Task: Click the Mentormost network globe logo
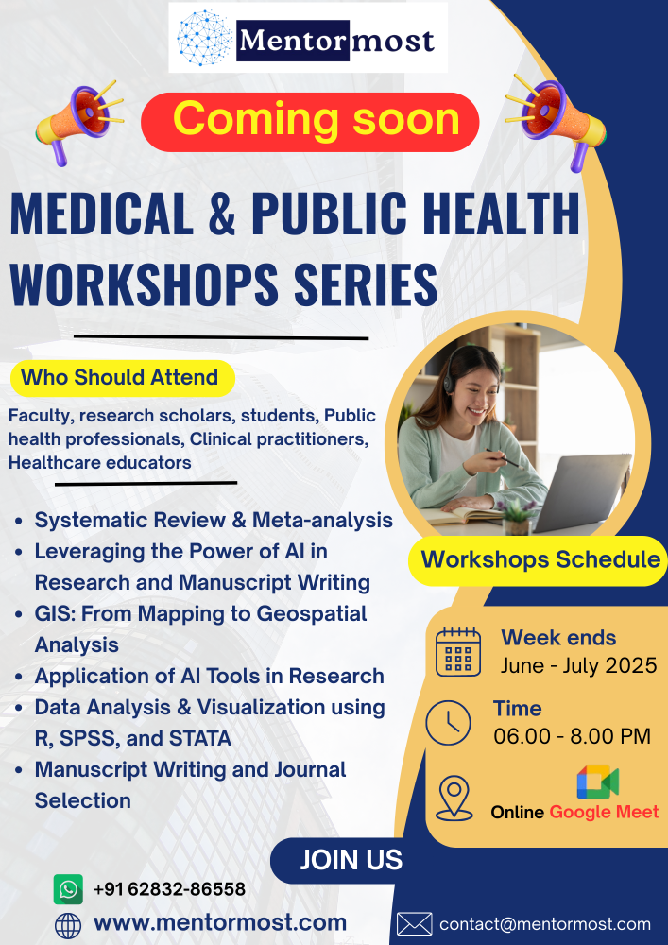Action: [204, 38]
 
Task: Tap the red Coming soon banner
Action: [310, 122]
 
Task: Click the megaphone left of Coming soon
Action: [79, 122]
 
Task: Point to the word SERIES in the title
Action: [367, 284]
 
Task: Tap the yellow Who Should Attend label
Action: [122, 379]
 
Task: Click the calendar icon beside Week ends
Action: [458, 651]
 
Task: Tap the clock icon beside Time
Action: [448, 723]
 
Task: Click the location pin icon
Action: [454, 798]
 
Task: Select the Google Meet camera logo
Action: [597, 782]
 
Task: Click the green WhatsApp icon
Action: [68, 889]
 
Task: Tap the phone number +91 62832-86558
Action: [169, 889]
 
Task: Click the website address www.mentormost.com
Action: [220, 922]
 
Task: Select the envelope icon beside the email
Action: [415, 924]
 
